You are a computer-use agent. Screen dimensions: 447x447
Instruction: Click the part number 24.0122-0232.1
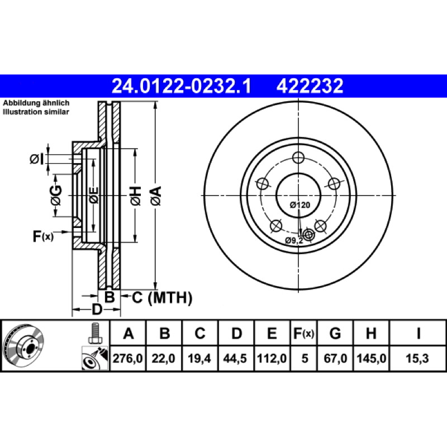point(182,86)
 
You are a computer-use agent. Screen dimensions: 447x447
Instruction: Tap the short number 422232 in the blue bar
point(310,86)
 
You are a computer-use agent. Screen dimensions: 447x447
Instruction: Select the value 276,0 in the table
point(128,358)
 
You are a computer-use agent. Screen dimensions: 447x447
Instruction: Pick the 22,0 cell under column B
point(163,358)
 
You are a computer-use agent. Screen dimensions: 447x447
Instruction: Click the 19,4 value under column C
point(199,358)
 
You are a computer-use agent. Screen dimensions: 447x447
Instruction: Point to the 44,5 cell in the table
point(235,358)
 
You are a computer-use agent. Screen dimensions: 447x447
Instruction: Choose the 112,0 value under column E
point(272,358)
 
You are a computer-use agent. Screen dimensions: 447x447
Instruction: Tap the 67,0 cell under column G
point(335,358)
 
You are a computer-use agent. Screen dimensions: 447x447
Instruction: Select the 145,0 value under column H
point(371,358)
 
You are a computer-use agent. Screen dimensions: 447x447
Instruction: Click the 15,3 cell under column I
point(417,358)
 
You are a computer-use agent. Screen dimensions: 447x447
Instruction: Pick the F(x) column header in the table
point(303,333)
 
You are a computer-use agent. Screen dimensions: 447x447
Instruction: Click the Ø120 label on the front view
point(300,205)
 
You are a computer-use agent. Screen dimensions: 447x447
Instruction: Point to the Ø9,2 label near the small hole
point(294,241)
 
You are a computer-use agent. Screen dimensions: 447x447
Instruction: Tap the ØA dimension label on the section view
point(156,196)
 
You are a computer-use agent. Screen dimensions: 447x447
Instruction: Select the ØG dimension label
point(56,195)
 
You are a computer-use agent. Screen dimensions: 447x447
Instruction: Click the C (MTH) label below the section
point(162,298)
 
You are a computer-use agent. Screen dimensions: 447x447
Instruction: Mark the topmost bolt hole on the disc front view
point(298,158)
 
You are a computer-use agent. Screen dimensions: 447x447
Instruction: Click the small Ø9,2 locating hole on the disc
point(308,235)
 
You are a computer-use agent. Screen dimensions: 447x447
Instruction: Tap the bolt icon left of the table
point(94,333)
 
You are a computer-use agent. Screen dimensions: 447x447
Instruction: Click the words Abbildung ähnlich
point(36,103)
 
